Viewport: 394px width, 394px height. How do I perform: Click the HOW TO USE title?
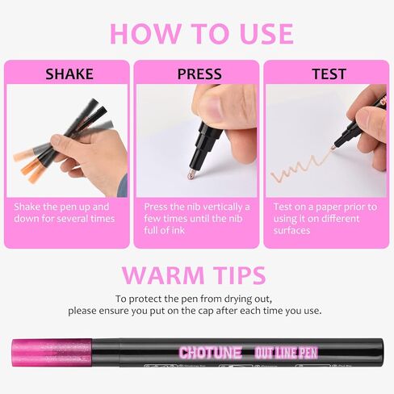pyautogui.click(x=201, y=33)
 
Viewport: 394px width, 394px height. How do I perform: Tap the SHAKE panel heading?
pyautogui.click(x=69, y=74)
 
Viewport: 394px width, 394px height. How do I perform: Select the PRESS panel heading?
pyautogui.click(x=199, y=74)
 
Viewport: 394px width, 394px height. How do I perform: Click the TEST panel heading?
pyautogui.click(x=329, y=74)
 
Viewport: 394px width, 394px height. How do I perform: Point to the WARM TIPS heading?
pyautogui.click(x=196, y=275)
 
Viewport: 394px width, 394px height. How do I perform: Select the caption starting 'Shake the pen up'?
pyautogui.click(x=65, y=212)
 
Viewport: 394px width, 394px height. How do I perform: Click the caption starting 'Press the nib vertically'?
pyautogui.click(x=196, y=218)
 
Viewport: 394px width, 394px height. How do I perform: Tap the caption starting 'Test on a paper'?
pyautogui.click(x=328, y=218)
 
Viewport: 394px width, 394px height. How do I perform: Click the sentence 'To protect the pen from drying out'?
pyautogui.click(x=198, y=298)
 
